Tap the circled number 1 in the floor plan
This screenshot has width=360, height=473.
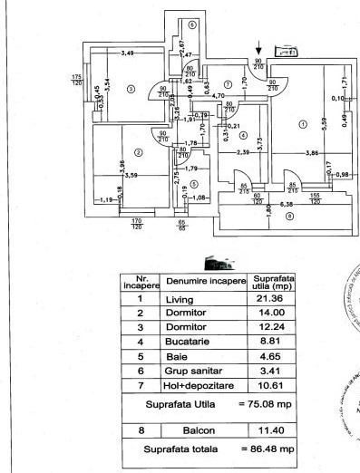click(302, 123)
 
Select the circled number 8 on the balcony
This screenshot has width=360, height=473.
click(290, 217)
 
